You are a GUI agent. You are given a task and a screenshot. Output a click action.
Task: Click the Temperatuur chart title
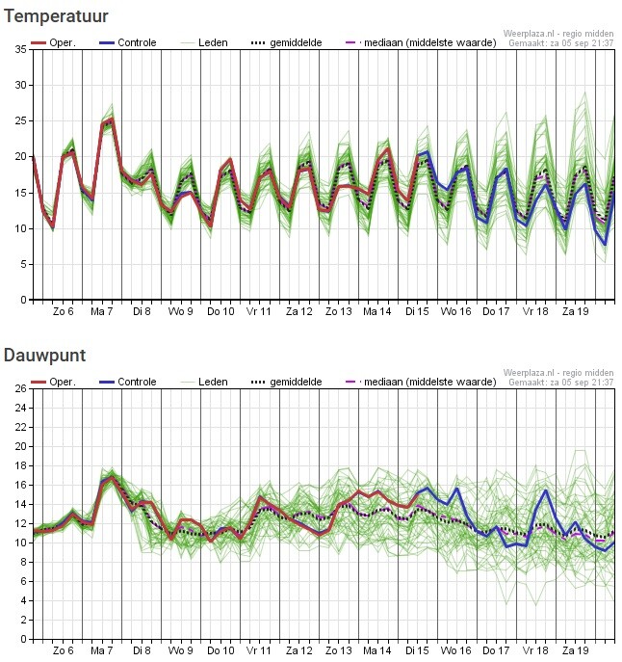(x=56, y=16)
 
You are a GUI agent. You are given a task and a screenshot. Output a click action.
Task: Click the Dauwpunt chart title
(x=44, y=356)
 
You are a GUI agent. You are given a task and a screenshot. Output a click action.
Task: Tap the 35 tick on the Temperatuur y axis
(x=20, y=49)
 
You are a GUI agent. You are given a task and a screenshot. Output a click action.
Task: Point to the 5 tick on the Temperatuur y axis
(x=24, y=264)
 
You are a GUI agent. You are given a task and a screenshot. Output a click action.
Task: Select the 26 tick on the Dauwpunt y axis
(x=20, y=388)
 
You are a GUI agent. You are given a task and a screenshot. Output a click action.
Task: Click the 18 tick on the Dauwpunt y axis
(x=20, y=465)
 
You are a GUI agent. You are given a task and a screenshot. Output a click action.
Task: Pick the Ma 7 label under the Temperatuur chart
(x=102, y=311)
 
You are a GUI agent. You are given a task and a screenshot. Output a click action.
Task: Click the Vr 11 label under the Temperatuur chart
(x=259, y=311)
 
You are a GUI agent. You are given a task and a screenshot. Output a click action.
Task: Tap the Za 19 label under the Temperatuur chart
(x=575, y=311)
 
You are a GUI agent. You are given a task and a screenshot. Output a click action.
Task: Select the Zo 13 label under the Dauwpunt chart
(x=338, y=650)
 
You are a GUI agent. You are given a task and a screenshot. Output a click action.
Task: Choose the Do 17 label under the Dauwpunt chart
(x=496, y=650)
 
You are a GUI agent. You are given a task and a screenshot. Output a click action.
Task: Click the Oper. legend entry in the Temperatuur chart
(x=53, y=42)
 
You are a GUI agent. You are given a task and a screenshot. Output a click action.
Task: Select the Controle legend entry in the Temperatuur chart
(x=128, y=42)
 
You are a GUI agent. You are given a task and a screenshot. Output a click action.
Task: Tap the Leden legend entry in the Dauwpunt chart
(x=205, y=383)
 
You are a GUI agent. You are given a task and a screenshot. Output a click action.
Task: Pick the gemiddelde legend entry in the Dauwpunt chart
(x=287, y=383)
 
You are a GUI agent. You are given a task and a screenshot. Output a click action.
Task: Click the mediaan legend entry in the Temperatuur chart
(x=421, y=42)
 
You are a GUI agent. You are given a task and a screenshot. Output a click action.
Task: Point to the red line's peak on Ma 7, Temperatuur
(x=112, y=119)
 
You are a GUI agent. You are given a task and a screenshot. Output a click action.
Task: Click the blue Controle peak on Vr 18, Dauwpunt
(x=546, y=490)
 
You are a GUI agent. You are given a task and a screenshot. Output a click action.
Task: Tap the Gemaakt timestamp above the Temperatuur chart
(x=560, y=42)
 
